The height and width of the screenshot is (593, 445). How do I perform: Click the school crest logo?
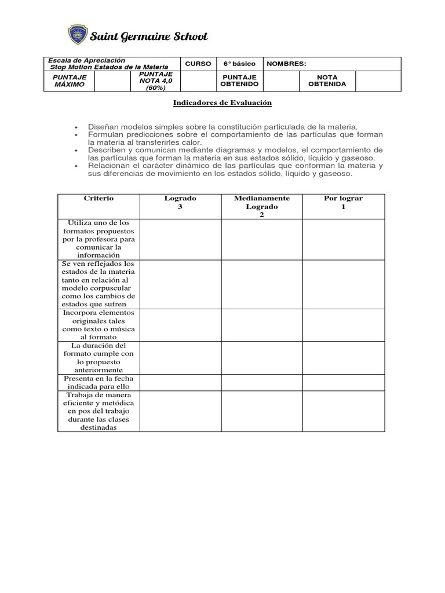pos(77,35)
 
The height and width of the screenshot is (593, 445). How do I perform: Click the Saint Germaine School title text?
pos(148,36)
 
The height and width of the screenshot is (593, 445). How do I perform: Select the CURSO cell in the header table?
pos(198,64)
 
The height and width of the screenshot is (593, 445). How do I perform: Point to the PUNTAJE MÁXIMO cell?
pos(70,80)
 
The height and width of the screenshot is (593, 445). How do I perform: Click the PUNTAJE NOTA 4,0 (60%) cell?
pos(156,81)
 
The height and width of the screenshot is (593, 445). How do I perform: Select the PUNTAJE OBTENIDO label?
pos(239,80)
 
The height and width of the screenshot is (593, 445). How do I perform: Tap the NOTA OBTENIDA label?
pos(327,80)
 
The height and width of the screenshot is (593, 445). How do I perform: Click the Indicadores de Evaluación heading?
pos(222,103)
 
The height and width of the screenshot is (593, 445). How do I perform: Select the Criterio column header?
pos(99,199)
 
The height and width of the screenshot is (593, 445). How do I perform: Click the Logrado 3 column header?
pos(180,202)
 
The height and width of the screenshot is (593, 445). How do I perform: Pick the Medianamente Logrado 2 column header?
pos(261,206)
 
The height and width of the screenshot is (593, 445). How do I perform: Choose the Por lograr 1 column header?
pos(343,202)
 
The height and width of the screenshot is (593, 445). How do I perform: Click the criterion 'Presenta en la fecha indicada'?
pos(99,382)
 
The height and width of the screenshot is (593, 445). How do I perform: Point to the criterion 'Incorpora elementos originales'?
pos(99,325)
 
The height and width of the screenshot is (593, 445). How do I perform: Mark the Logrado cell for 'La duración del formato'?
pos(180,357)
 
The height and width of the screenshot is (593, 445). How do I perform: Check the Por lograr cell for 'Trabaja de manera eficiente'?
pos(343,411)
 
